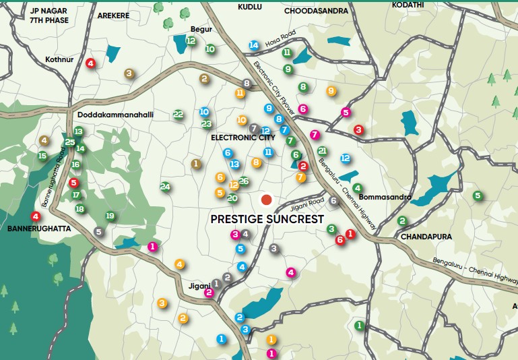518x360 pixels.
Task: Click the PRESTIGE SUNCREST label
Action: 267,219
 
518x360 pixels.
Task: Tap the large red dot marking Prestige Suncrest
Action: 267,200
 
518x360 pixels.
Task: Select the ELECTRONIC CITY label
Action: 243,138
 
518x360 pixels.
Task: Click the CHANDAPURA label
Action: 426,237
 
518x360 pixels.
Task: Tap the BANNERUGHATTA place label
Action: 38,229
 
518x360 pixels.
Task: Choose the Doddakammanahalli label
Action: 115,115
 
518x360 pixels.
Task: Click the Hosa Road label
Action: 280,40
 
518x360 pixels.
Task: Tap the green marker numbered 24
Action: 165,187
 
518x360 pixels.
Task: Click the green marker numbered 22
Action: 178,115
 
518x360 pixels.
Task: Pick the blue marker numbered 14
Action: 253,45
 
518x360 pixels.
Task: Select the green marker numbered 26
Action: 244,181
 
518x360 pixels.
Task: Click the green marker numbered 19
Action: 110,216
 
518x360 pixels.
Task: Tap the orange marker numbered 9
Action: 331,91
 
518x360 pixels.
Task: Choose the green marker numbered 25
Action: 70,142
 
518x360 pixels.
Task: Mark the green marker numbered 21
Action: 322,151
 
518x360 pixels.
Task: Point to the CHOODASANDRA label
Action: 316,11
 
